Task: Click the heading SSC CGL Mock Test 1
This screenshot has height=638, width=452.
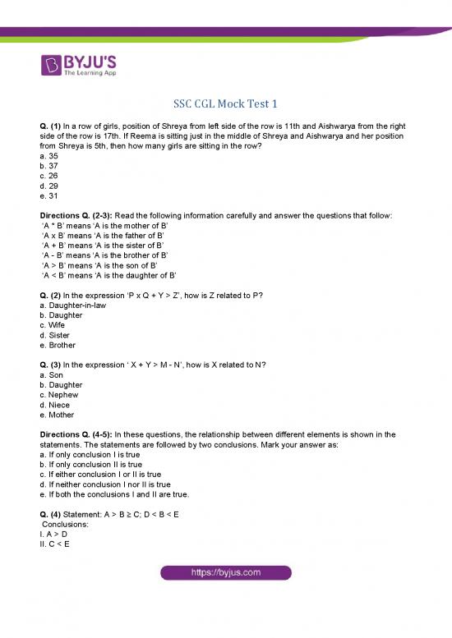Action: [x=225, y=104]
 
